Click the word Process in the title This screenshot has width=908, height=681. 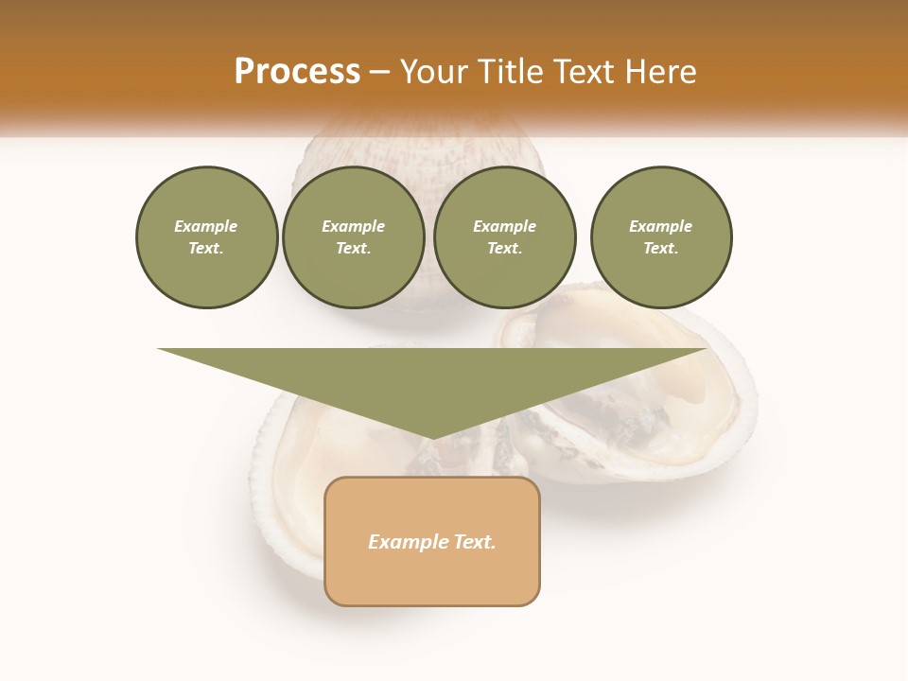click(x=297, y=72)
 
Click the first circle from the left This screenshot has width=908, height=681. click(x=207, y=237)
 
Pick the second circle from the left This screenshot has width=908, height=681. click(x=354, y=237)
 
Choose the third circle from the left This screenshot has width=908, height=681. click(x=505, y=237)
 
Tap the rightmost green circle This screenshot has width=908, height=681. click(x=661, y=237)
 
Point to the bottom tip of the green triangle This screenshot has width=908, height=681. click(x=432, y=438)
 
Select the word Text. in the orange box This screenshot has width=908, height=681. click(x=474, y=542)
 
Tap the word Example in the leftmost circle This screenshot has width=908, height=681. click(x=206, y=226)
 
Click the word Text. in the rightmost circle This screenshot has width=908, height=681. click(x=661, y=248)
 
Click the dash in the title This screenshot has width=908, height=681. click(x=380, y=72)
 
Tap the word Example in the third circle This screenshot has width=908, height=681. click(x=505, y=226)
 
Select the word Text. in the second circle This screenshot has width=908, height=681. click(x=354, y=248)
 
